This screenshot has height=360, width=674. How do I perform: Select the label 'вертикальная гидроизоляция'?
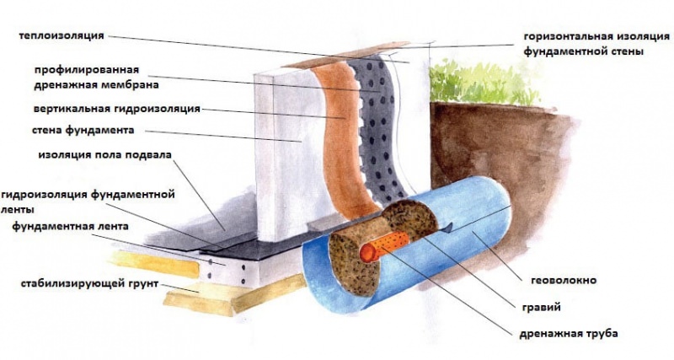[117, 110]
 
